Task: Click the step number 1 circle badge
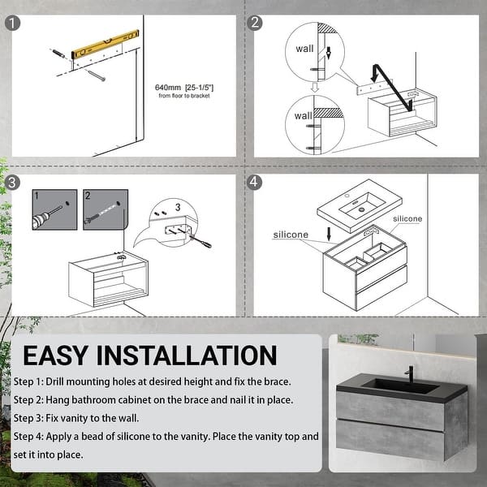(x=12, y=24)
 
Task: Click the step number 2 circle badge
(x=254, y=23)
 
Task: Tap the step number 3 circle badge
(x=12, y=183)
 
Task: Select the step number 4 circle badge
(x=254, y=182)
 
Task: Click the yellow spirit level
(x=105, y=44)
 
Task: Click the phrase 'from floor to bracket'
(x=184, y=96)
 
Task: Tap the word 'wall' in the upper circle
(x=304, y=49)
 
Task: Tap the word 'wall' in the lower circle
(x=303, y=116)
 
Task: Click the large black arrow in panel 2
(x=393, y=88)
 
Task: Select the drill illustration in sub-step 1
(x=50, y=214)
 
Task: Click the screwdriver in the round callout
(x=200, y=241)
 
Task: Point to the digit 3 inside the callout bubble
(x=178, y=207)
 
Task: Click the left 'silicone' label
(x=291, y=235)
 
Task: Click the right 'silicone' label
(x=407, y=218)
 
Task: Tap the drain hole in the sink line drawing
(x=361, y=209)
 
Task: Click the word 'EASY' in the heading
(x=55, y=356)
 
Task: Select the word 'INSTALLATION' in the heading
(x=187, y=356)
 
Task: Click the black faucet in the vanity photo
(x=410, y=375)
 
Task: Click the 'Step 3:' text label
(x=28, y=418)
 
